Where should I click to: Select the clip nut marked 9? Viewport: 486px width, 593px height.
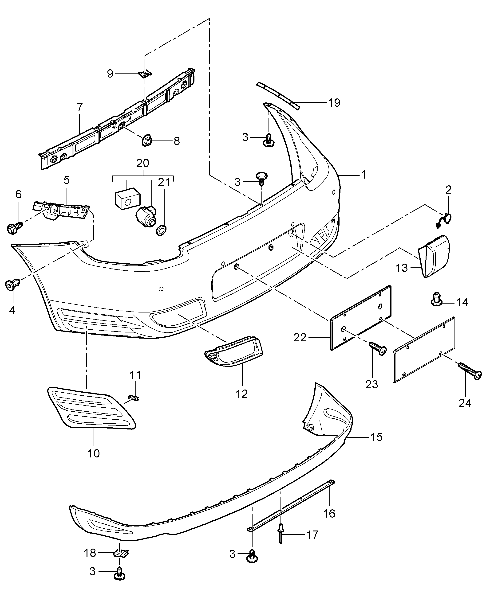coord(145,74)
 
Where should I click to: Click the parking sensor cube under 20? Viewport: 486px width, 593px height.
coord(126,197)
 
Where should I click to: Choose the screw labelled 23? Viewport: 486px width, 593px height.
coord(378,348)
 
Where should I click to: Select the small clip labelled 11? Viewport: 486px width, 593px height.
coord(134,398)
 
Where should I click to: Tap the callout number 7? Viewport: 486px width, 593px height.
coord(79,107)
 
